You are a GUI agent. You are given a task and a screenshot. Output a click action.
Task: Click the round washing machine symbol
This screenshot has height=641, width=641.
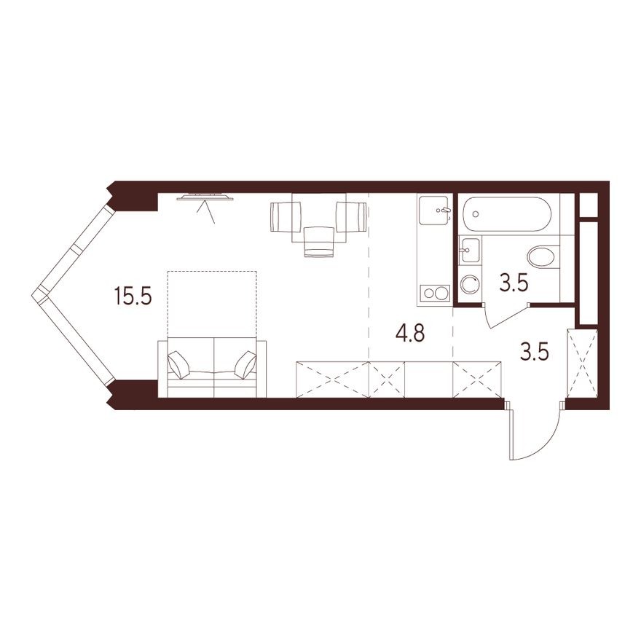(x=471, y=286)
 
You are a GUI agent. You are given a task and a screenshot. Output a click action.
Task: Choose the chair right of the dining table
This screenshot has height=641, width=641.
(x=352, y=216)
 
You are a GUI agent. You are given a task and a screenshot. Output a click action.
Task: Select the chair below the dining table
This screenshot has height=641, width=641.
(x=318, y=241)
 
